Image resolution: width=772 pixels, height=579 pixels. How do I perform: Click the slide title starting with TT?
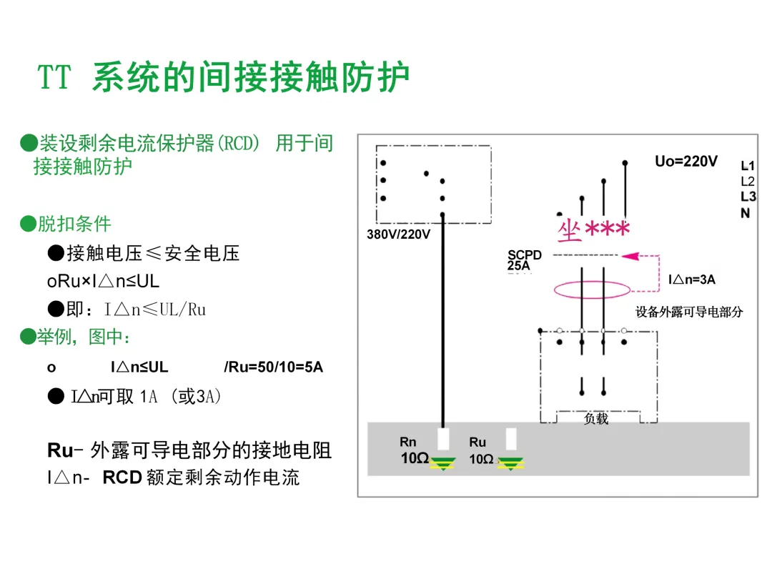pyautogui.click(x=224, y=78)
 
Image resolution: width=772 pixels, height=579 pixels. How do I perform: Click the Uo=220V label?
pyautogui.click(x=686, y=162)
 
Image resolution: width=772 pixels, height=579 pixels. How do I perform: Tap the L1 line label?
pyautogui.click(x=748, y=166)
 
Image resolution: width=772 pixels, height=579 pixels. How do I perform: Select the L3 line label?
pyautogui.click(x=748, y=197)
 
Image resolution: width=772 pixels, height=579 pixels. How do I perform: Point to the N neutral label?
pyautogui.click(x=746, y=213)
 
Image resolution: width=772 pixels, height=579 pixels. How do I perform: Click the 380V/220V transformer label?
pyautogui.click(x=398, y=234)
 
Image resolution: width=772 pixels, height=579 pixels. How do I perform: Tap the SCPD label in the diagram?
pyautogui.click(x=525, y=255)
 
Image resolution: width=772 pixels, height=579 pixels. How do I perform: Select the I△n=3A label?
pyautogui.click(x=692, y=280)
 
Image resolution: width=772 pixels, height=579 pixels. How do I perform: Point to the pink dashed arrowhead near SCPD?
pyautogui.click(x=629, y=255)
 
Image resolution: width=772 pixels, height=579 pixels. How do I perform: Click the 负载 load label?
pyautogui.click(x=595, y=419)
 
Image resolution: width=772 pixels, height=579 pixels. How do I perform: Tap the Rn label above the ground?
pyautogui.click(x=407, y=442)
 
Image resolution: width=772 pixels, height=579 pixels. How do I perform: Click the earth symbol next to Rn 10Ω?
pyautogui.click(x=445, y=462)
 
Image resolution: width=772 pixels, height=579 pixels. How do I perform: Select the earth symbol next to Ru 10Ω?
pyautogui.click(x=510, y=462)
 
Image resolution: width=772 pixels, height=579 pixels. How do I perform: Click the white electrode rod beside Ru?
pyautogui.click(x=511, y=438)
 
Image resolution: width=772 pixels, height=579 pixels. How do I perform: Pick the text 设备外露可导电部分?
pyautogui.click(x=689, y=312)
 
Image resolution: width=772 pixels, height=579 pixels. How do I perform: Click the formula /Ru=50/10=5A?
pyautogui.click(x=273, y=367)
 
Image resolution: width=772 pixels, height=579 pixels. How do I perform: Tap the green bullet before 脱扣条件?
pyautogui.click(x=28, y=224)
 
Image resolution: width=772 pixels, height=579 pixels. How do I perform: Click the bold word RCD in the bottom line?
pyautogui.click(x=122, y=477)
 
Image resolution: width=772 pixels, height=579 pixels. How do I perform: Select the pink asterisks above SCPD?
pyautogui.click(x=608, y=229)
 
